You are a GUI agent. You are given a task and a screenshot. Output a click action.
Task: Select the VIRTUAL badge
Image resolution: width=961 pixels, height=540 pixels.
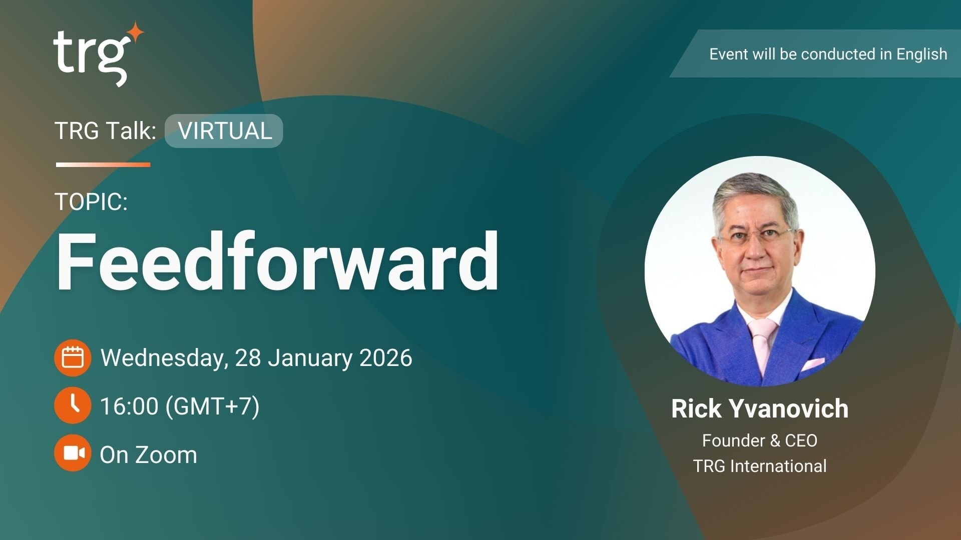tap(224, 131)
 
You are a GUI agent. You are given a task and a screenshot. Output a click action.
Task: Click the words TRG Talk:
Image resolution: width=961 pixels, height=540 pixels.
tap(105, 131)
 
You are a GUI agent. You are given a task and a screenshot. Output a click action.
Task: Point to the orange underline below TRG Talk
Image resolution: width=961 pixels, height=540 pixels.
tap(103, 164)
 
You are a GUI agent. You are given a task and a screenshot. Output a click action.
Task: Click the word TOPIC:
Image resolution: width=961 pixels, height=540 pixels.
tap(91, 202)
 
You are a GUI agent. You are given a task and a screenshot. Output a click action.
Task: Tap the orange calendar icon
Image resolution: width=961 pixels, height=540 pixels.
tap(73, 358)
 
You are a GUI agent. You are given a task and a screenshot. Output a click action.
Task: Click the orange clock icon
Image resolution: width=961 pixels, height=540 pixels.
tap(73, 405)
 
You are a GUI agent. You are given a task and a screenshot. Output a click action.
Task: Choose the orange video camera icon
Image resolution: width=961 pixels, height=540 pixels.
tap(73, 453)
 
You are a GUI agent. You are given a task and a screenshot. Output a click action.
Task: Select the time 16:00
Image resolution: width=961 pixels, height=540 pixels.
tap(129, 406)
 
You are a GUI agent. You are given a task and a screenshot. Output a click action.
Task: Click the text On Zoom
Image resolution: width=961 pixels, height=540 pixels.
tap(148, 455)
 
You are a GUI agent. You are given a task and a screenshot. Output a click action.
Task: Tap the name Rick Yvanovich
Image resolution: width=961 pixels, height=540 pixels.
tap(759, 408)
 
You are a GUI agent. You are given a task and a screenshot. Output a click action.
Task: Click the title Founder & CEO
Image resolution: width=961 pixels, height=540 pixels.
tap(759, 440)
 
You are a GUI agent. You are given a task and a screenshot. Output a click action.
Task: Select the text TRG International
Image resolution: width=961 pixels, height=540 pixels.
tap(759, 466)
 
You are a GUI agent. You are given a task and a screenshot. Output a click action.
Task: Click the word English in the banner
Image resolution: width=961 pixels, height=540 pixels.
tap(921, 54)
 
